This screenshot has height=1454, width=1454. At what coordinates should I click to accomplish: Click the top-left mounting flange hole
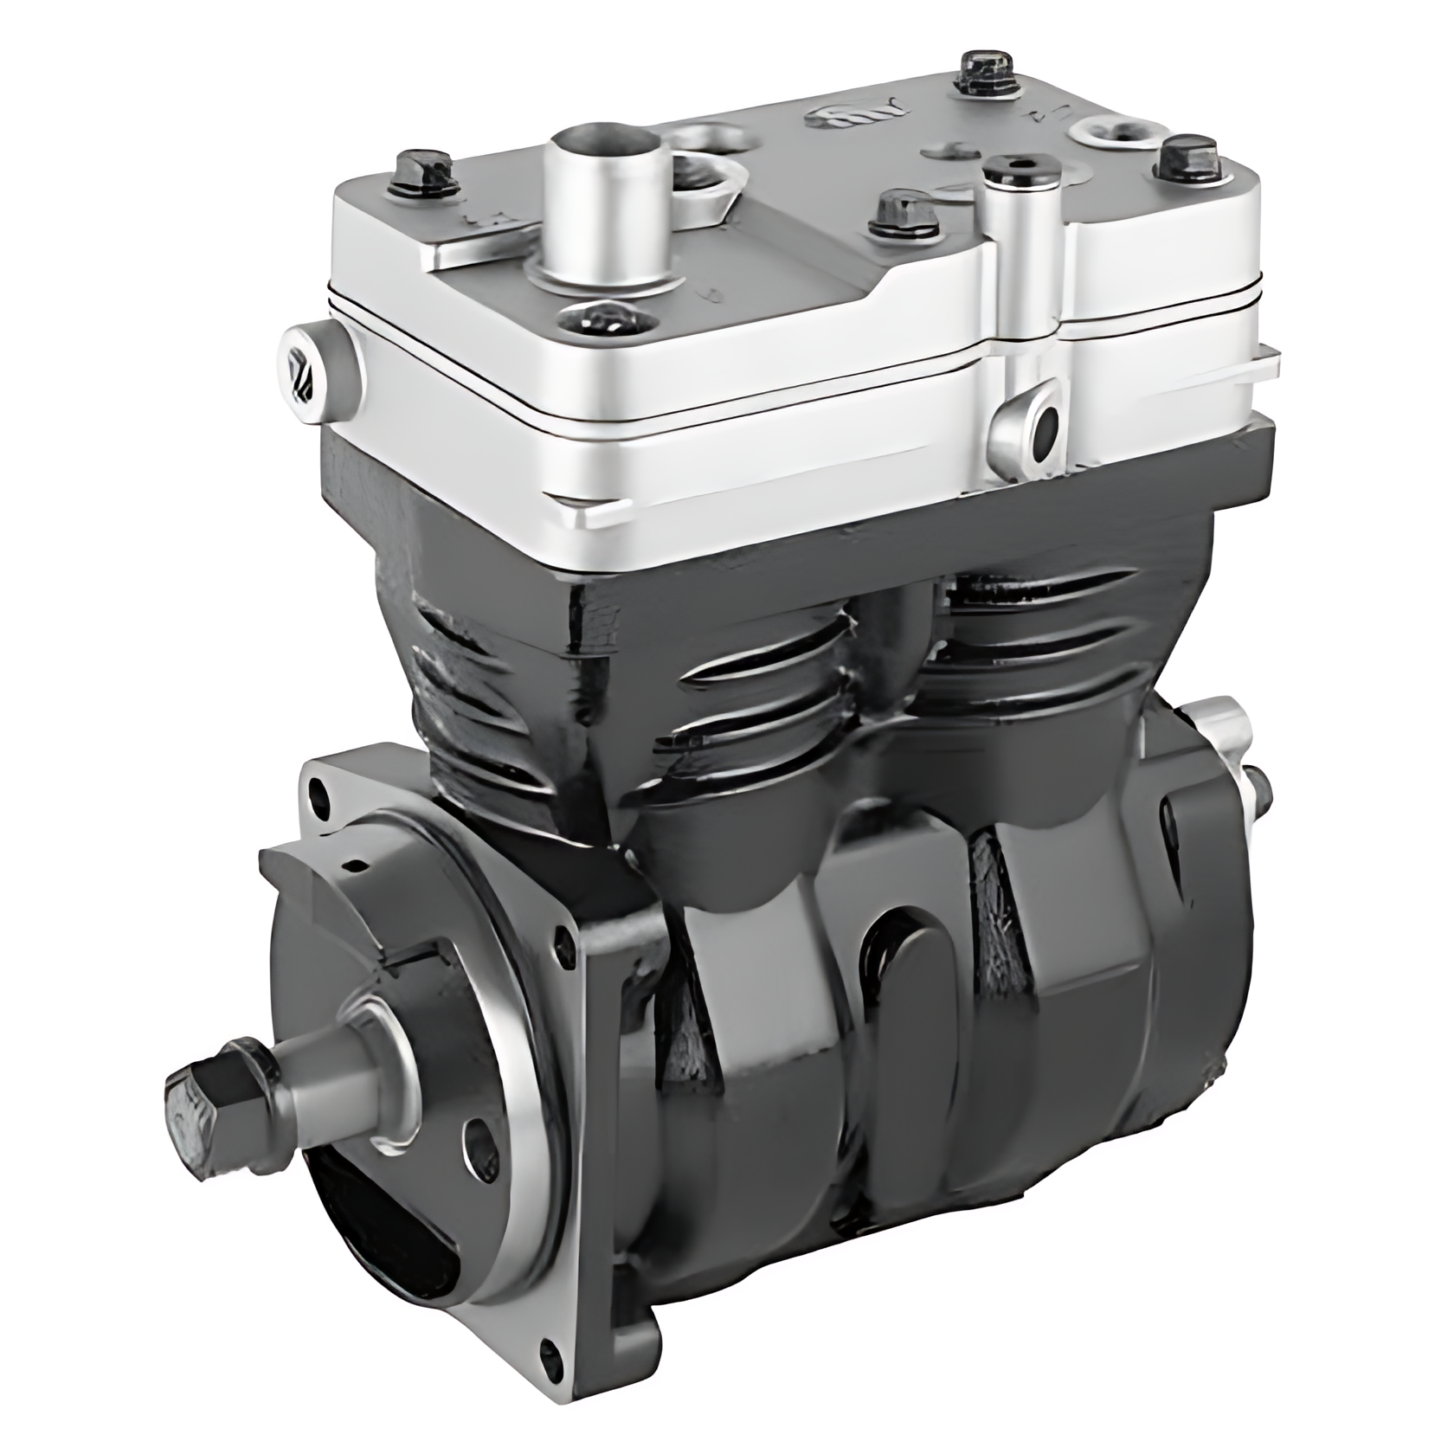322,788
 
